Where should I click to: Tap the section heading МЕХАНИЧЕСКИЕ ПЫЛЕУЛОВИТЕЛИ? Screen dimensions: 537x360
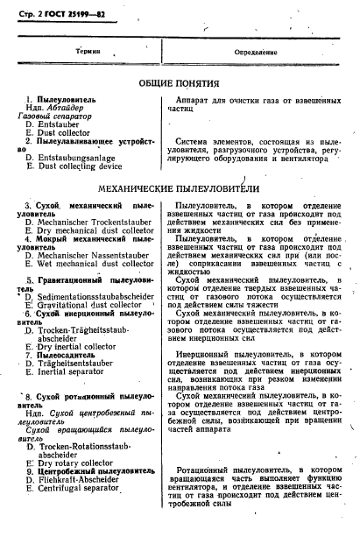coord(180,187)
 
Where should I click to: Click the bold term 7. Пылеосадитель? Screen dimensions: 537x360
coord(71,355)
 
